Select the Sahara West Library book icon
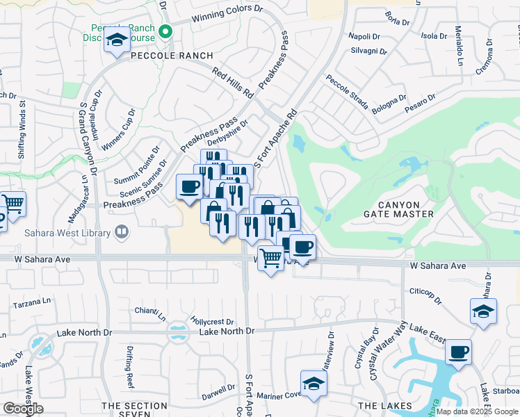click(x=122, y=231)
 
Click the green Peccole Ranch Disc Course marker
click(x=165, y=31)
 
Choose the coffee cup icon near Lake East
click(x=458, y=352)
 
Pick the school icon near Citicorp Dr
click(x=483, y=311)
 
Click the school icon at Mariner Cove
click(x=314, y=384)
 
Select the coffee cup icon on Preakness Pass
click(x=190, y=187)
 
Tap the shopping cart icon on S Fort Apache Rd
click(x=270, y=259)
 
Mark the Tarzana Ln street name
click(x=33, y=304)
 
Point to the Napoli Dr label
click(x=364, y=35)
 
